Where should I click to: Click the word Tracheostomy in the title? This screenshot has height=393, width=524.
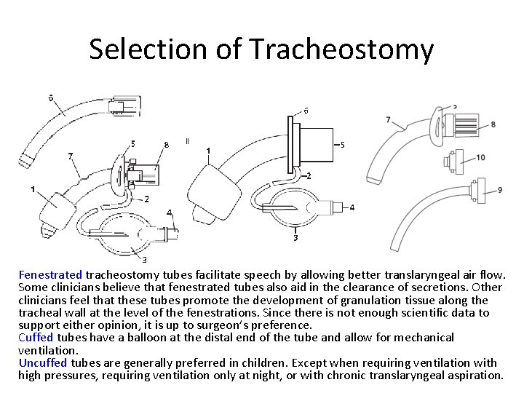(x=341, y=49)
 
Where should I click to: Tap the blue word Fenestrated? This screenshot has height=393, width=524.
(x=50, y=275)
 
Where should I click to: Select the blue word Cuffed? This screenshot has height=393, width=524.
(x=36, y=337)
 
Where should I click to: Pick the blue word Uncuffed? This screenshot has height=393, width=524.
(x=43, y=362)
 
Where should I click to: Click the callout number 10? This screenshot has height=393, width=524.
(x=480, y=157)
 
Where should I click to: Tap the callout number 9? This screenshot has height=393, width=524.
(x=500, y=190)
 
